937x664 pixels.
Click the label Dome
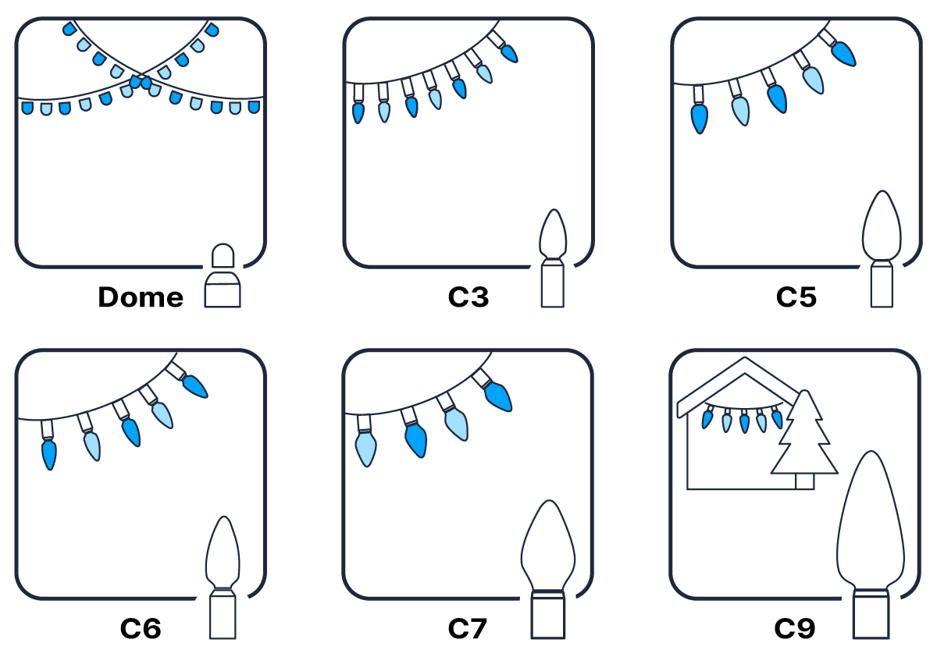pos(141,297)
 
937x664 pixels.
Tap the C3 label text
pos(468,297)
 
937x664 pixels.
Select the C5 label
pos(796,297)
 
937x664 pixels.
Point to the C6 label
pos(141,629)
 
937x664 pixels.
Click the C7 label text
pos(468,629)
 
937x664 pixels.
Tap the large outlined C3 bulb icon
pos(553,257)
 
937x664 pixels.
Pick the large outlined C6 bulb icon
pos(223,577)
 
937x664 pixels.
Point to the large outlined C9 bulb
pos(870,546)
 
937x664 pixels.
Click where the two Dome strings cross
pos(141,82)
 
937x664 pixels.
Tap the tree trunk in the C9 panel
pos(804,481)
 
